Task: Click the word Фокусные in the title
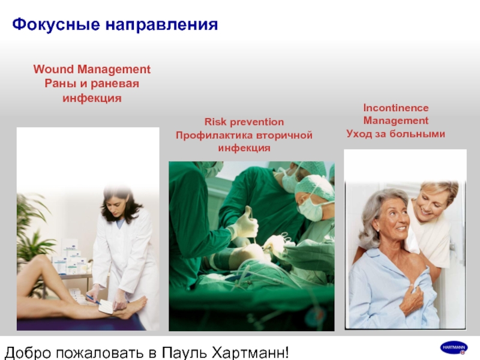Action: click(x=56, y=25)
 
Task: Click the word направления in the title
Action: click(x=161, y=25)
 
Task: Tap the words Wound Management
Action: click(x=92, y=69)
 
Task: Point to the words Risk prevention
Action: click(x=244, y=122)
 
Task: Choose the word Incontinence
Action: click(x=396, y=108)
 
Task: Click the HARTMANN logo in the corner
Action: click(x=454, y=348)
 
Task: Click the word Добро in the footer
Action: click(x=28, y=353)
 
